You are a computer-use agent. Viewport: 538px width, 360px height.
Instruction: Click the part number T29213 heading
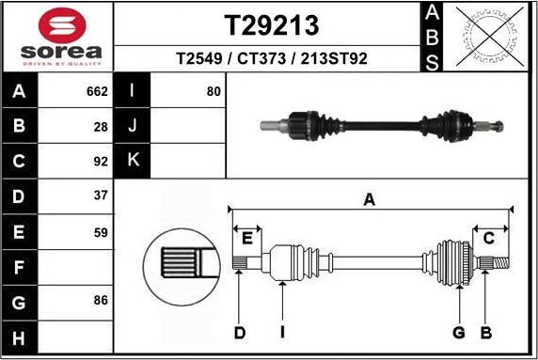point(272,23)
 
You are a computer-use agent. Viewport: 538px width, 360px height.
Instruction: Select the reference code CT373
point(264,59)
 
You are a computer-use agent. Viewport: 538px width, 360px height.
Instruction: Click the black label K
point(133,161)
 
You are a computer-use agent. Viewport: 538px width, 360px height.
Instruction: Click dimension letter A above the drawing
point(370,199)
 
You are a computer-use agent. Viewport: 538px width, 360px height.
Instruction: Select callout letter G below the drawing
point(459,332)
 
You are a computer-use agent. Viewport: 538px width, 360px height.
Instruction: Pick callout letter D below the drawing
point(240,332)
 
